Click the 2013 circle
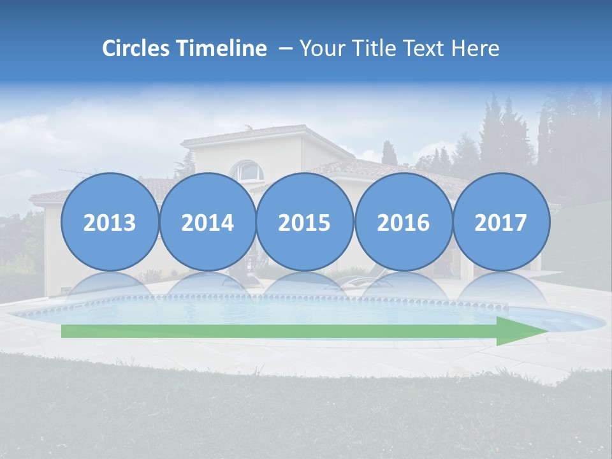(110, 222)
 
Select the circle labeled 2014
(207, 222)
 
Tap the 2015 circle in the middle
(305, 222)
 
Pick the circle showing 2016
(403, 222)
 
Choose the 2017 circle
(500, 222)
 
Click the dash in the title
(286, 49)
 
